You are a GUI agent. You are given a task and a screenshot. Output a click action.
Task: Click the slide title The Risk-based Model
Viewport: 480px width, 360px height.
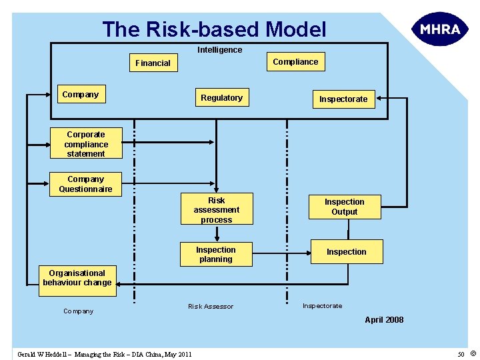[214, 29]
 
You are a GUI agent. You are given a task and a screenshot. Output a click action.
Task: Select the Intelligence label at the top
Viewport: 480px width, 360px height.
[219, 50]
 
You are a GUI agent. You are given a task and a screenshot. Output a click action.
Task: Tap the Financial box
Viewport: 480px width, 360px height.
[153, 63]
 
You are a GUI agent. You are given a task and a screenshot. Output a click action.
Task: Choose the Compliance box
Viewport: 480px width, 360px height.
[295, 62]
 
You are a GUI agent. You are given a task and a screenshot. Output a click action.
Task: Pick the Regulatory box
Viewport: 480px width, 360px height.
[221, 98]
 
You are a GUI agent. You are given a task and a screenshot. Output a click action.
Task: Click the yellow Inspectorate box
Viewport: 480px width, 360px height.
[343, 99]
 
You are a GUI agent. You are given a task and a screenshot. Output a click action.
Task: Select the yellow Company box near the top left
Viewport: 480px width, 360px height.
[80, 95]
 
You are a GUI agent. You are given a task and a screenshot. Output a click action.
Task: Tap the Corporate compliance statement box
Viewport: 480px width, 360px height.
[86, 144]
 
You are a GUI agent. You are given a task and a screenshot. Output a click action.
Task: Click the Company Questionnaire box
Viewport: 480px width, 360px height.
[86, 184]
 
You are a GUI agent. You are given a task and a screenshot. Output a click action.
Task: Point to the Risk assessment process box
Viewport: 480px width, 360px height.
[216, 210]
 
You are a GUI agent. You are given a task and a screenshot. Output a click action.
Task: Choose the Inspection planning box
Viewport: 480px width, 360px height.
[215, 255]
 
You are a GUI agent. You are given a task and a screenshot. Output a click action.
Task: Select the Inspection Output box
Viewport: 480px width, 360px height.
[344, 207]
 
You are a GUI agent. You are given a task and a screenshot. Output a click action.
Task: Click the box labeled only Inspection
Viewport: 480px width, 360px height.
[346, 252]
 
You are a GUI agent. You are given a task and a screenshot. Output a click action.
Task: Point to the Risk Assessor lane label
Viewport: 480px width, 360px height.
[211, 307]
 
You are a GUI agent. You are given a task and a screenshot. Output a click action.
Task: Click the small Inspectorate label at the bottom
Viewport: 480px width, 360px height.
[322, 306]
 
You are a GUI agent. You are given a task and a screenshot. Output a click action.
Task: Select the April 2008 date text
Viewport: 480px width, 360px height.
[383, 320]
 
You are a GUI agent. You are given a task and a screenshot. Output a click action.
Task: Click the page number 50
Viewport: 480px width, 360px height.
[461, 354]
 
